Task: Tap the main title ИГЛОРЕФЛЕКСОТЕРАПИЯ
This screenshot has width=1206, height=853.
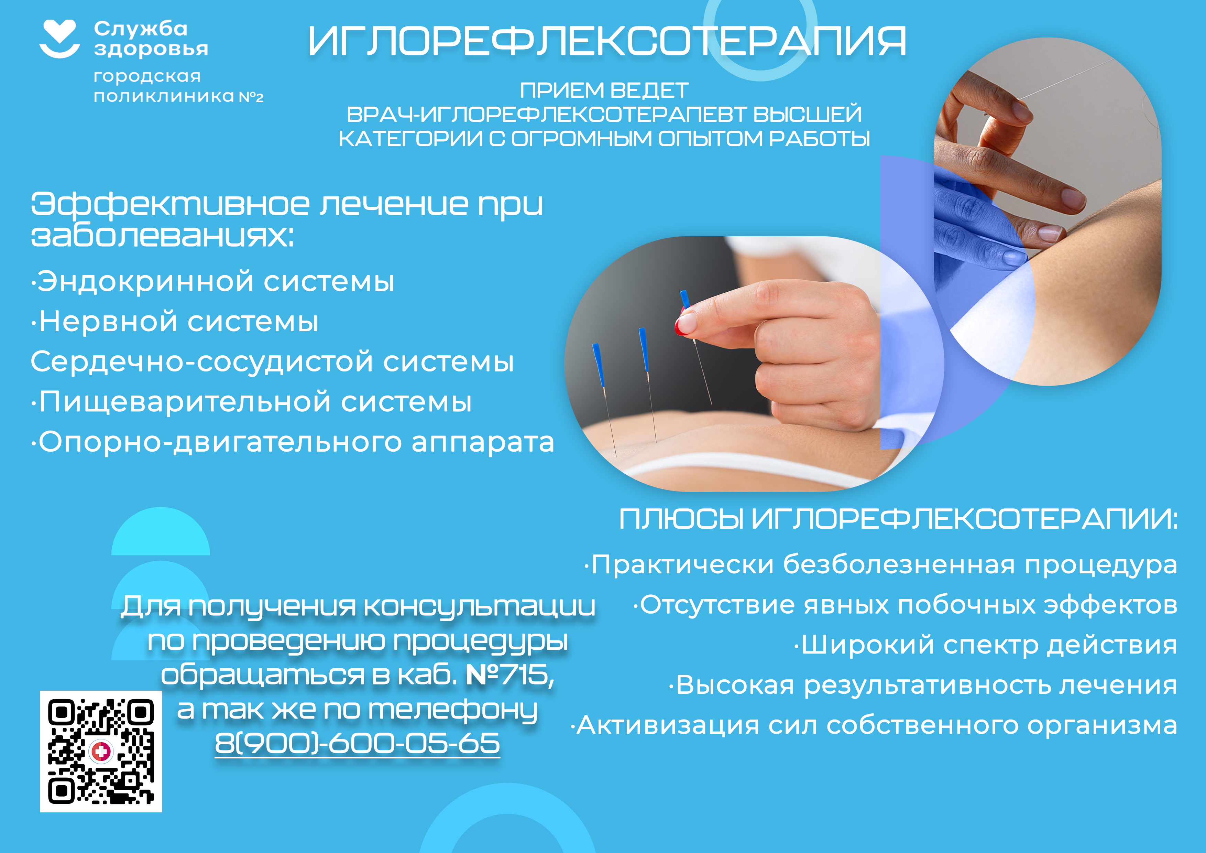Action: (607, 42)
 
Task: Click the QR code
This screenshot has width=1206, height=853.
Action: (101, 751)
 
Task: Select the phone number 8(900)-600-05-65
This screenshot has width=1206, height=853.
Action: (357, 743)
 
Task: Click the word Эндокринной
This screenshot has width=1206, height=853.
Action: (145, 281)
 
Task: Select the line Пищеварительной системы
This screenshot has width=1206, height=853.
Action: (251, 402)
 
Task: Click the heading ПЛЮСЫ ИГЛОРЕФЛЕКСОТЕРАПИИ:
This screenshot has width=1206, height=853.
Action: (898, 519)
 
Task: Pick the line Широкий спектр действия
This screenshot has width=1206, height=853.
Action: (985, 645)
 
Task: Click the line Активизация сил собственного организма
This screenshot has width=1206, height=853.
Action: (874, 725)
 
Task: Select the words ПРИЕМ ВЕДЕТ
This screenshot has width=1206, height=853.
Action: (604, 90)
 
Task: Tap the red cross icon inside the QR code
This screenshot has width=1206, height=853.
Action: (101, 752)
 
